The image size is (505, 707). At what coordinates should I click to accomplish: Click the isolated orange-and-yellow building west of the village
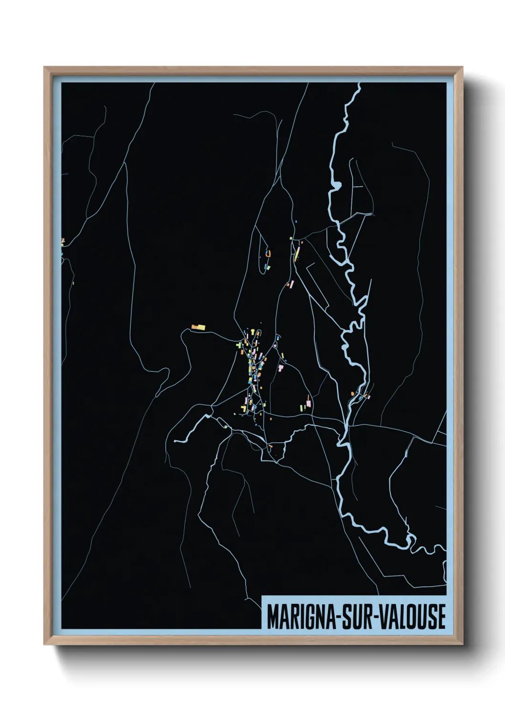click(x=199, y=327)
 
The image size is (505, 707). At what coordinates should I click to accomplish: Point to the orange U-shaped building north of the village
click(x=268, y=254)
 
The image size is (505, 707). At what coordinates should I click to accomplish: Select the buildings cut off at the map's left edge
click(x=63, y=242)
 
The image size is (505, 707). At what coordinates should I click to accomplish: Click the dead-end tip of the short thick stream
click(x=176, y=441)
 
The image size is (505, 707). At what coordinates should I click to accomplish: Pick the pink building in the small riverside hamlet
click(x=368, y=396)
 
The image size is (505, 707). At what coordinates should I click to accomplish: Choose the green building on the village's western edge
click(x=239, y=343)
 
